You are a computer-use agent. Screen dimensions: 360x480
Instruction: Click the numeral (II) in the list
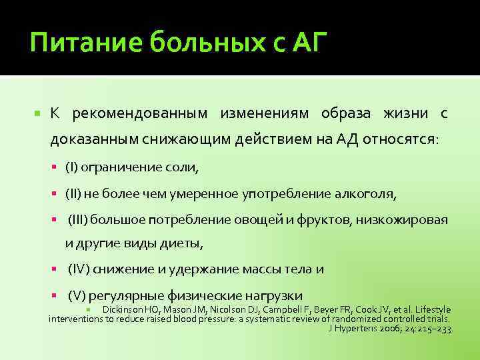coord(74,193)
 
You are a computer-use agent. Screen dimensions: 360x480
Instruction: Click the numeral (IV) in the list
coord(79,269)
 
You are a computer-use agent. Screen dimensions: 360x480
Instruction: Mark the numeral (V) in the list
coord(77,295)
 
